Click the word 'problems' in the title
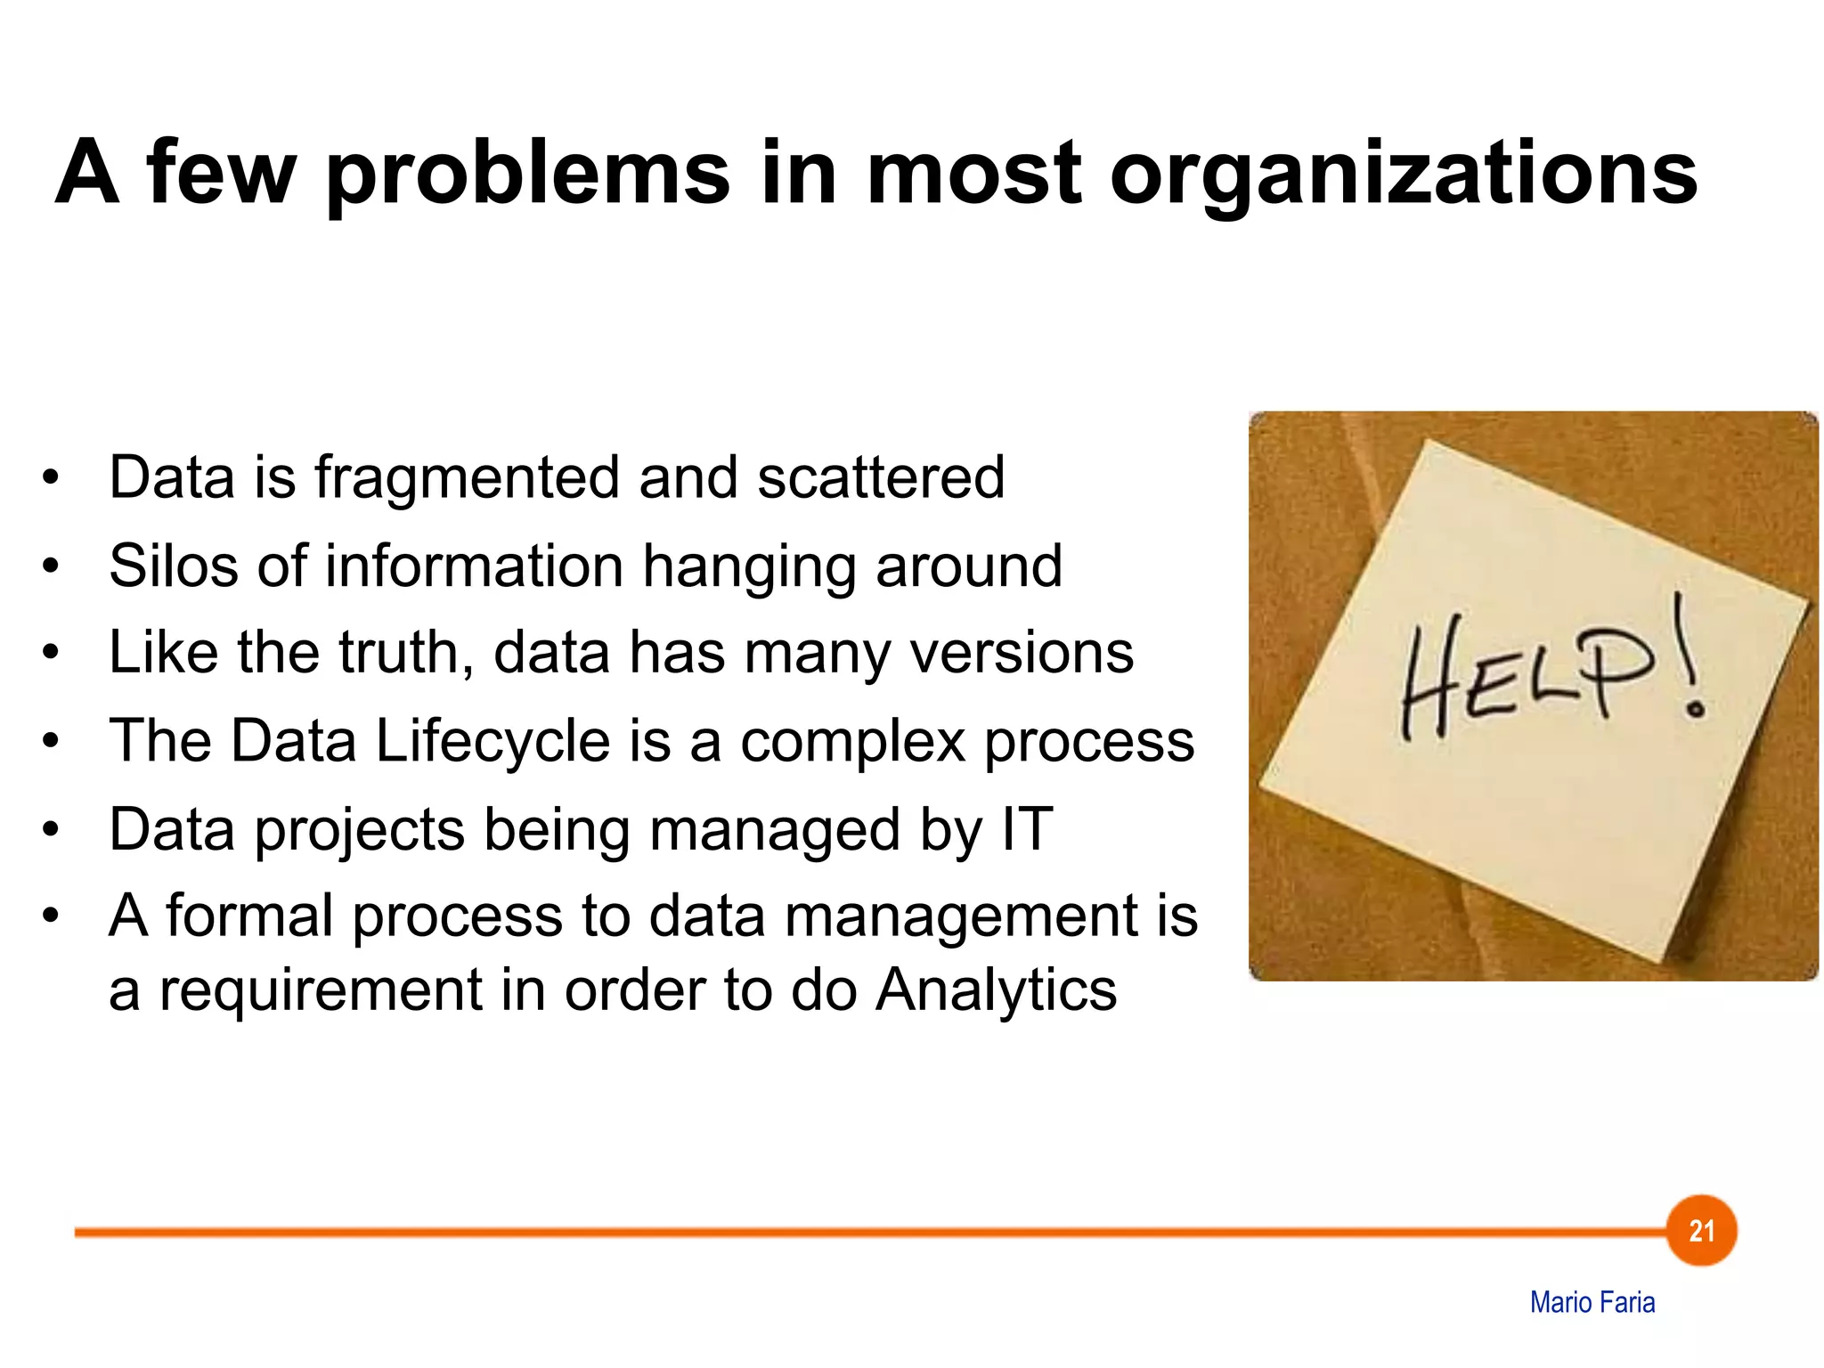[528, 174]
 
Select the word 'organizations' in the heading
[1404, 174]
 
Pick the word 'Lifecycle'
[492, 740]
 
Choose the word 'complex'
[852, 742]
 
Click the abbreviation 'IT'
[1027, 828]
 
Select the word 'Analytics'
[996, 989]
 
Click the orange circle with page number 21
[1701, 1231]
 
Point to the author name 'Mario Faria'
[1592, 1302]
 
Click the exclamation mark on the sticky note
[1687, 659]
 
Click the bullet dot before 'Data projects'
[51, 830]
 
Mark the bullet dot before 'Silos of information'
[51, 566]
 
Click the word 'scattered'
[881, 477]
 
